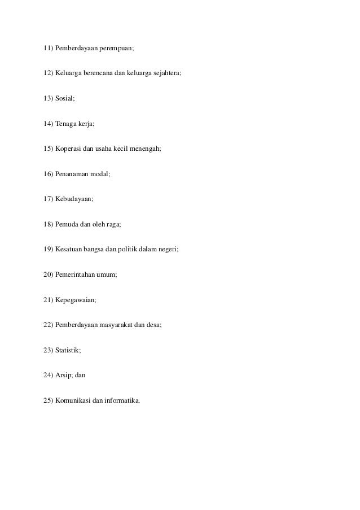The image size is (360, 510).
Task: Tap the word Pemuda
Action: click(67, 224)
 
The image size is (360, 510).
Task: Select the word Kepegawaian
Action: click(76, 299)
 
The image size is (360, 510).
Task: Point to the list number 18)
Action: click(48, 224)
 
